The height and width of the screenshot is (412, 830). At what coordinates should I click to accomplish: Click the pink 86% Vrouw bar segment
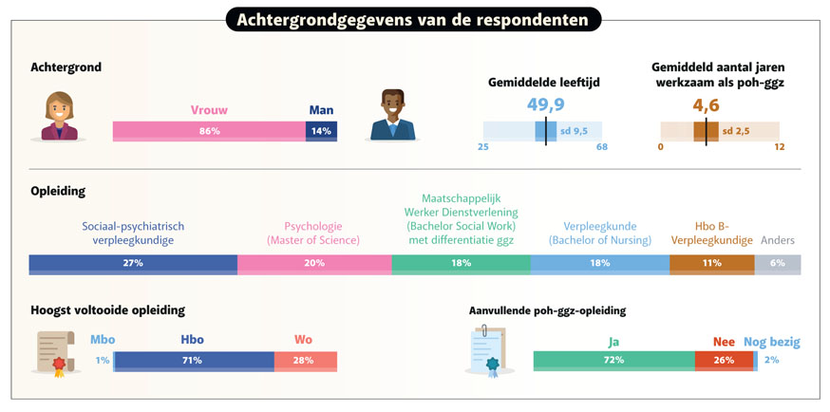coord(209,131)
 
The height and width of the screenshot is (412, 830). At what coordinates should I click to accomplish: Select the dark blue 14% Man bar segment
coord(321,131)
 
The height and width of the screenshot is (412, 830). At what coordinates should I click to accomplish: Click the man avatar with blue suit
coord(391,116)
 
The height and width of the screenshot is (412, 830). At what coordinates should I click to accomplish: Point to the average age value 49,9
coord(546,104)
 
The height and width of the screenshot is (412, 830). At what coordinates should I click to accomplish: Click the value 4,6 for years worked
coord(707,104)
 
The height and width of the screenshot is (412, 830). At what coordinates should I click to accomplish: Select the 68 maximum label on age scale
coord(601,147)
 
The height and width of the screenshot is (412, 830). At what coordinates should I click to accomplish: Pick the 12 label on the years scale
coord(779,147)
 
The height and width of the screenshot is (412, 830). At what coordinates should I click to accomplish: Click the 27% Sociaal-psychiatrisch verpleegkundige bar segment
coord(133,263)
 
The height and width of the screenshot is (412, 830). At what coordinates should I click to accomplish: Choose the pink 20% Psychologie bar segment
coord(314,263)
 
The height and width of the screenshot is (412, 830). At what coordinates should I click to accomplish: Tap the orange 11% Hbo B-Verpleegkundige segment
coord(711,263)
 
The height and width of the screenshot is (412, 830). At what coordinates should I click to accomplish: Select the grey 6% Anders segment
coord(778,263)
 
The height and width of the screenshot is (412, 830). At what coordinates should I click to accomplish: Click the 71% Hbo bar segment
coord(195,361)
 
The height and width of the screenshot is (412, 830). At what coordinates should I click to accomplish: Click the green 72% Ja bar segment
coord(613,361)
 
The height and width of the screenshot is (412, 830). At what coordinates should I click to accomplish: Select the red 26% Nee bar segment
coord(724,361)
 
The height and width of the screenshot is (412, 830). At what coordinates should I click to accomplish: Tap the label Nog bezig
coord(772,340)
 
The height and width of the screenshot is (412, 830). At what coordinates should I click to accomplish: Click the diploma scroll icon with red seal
coord(54,353)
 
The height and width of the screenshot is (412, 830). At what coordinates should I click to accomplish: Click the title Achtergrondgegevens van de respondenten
coord(413,20)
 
